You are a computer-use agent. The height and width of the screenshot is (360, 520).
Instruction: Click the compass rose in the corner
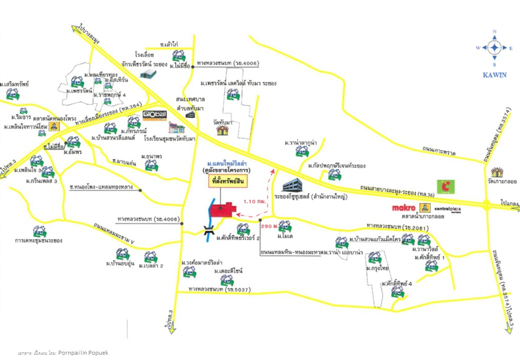click(x=494, y=48)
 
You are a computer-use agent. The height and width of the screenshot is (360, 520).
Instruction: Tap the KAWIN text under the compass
click(x=494, y=75)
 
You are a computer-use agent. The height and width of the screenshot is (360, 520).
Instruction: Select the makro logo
click(x=403, y=208)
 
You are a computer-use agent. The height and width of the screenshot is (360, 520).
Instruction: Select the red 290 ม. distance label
click(x=269, y=226)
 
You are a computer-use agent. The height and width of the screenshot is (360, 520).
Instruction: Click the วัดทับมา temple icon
click(x=222, y=130)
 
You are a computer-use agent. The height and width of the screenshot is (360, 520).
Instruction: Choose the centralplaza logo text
click(x=446, y=208)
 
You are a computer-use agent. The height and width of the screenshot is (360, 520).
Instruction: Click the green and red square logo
click(x=446, y=187)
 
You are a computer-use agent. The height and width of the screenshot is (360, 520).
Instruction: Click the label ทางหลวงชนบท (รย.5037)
click(x=219, y=289)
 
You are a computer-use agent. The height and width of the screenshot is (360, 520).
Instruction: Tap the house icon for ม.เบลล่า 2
click(x=151, y=257)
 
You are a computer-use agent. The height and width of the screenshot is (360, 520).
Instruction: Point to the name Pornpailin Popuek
click(x=83, y=353)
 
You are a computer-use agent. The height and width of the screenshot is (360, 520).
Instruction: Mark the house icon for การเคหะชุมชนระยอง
click(x=39, y=232)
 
